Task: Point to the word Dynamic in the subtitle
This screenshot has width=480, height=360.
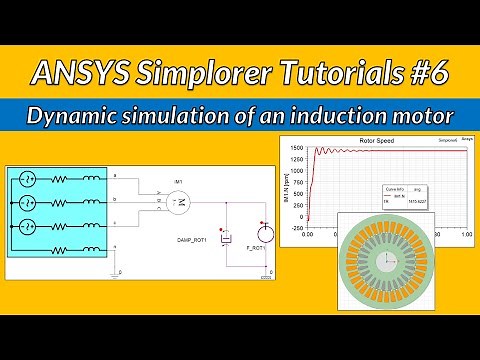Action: point(73,114)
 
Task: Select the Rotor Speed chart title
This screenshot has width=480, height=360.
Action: point(375,141)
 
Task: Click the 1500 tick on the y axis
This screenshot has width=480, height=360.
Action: point(296,148)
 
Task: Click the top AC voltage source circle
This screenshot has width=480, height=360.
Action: point(27,180)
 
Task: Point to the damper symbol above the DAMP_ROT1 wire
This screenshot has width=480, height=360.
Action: point(227,238)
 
